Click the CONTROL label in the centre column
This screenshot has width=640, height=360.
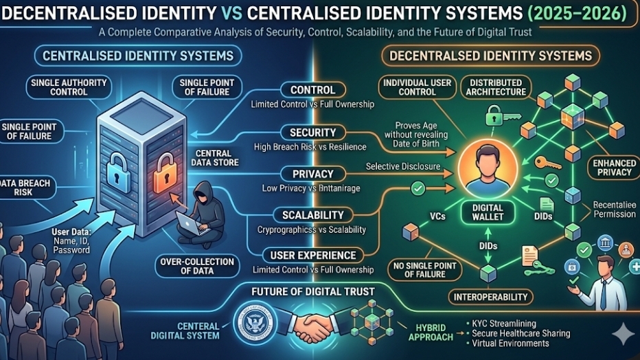[312, 90]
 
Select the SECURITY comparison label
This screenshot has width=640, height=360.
[312, 132]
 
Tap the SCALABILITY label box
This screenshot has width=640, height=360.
[312, 215]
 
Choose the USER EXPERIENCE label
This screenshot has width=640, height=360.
[312, 256]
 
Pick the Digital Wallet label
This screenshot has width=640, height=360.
[488, 212]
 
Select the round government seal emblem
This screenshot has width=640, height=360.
[253, 323]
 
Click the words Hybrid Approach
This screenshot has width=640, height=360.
[429, 332]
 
